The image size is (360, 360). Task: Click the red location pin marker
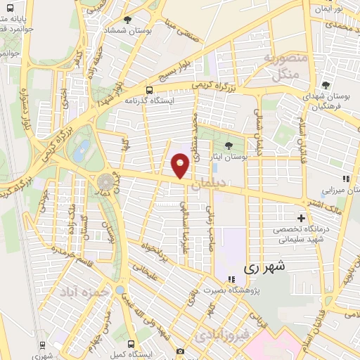tap(181, 165)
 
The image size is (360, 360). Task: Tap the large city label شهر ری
tap(266, 267)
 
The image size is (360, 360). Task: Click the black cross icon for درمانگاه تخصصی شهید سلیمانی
tap(302, 219)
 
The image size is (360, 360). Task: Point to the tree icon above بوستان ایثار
tap(229, 144)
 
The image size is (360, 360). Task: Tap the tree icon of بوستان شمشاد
tap(127, 20)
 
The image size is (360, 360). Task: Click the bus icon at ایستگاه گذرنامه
tap(148, 89)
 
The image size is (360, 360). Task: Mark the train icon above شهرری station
tap(43, 345)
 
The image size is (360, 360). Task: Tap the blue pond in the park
tap(83, 148)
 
